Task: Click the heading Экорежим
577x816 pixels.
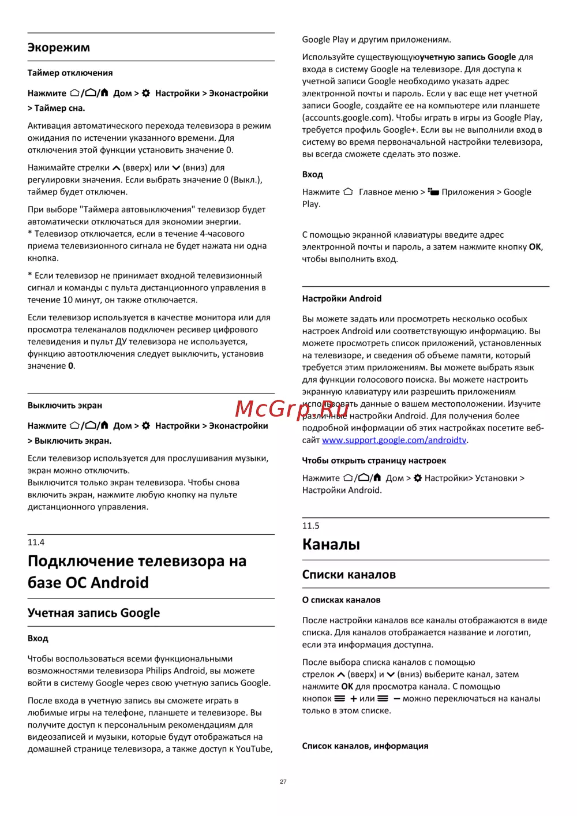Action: (59, 47)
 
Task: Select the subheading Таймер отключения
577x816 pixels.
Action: (70, 73)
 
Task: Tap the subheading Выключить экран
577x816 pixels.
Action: (65, 405)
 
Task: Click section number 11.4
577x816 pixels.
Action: (36, 542)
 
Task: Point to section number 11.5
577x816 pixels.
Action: (310, 526)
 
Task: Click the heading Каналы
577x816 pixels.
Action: (331, 544)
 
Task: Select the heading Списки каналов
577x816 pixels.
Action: (349, 574)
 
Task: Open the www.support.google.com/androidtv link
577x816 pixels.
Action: (394, 440)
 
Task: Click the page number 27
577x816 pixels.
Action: (283, 781)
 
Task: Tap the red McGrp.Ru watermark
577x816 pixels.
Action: (291, 409)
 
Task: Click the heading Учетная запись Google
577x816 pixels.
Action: (93, 613)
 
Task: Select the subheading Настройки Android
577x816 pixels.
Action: (342, 298)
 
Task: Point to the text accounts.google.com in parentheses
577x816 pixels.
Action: (347, 118)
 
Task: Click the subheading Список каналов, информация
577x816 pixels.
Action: (365, 746)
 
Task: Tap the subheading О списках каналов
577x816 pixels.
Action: (341, 600)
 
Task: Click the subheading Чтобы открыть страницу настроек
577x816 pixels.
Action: (374, 460)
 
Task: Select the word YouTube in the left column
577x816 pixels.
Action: (253, 748)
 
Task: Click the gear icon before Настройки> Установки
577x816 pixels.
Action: (418, 478)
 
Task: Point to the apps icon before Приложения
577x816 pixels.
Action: (433, 192)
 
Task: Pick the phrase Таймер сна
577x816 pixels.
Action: (59, 108)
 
